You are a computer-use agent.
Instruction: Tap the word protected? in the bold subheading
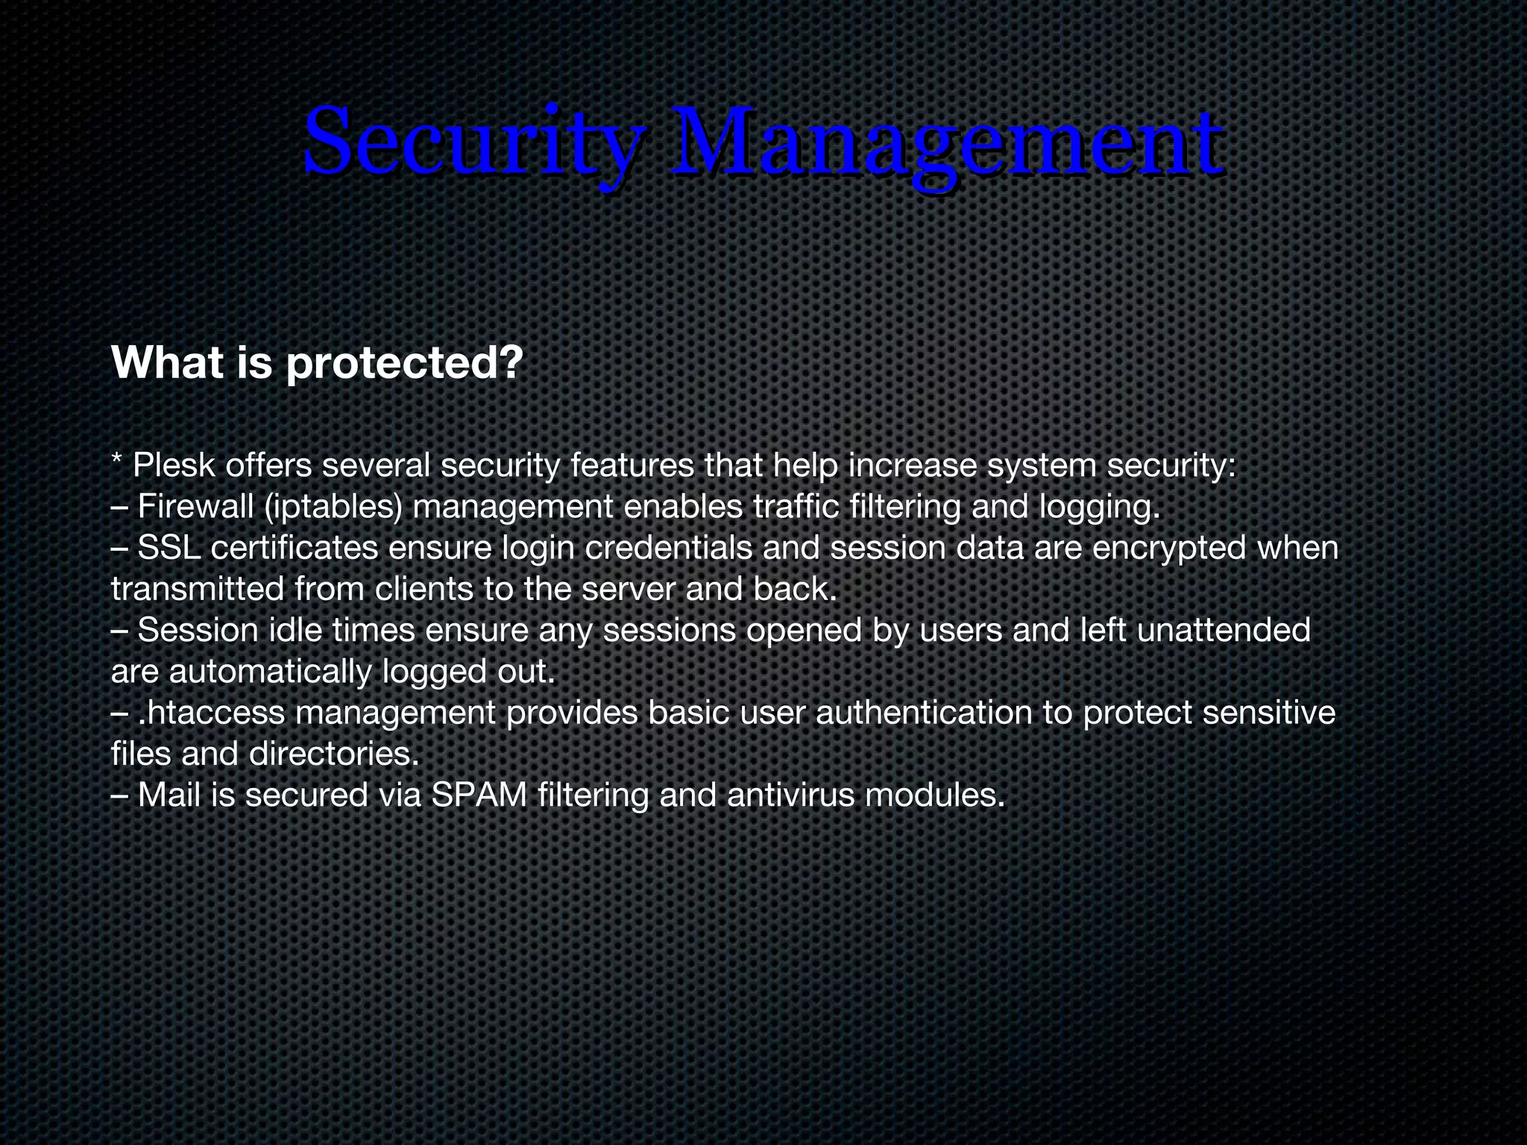point(403,363)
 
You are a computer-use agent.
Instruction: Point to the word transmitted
point(198,590)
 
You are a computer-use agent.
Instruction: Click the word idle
point(295,631)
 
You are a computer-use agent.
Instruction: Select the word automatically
point(269,672)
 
